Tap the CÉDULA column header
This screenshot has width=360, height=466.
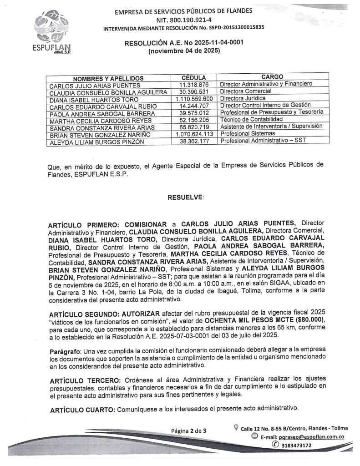tap(193, 77)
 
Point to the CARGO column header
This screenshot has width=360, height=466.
tap(272, 77)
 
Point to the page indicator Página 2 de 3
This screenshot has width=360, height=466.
tap(188, 431)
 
